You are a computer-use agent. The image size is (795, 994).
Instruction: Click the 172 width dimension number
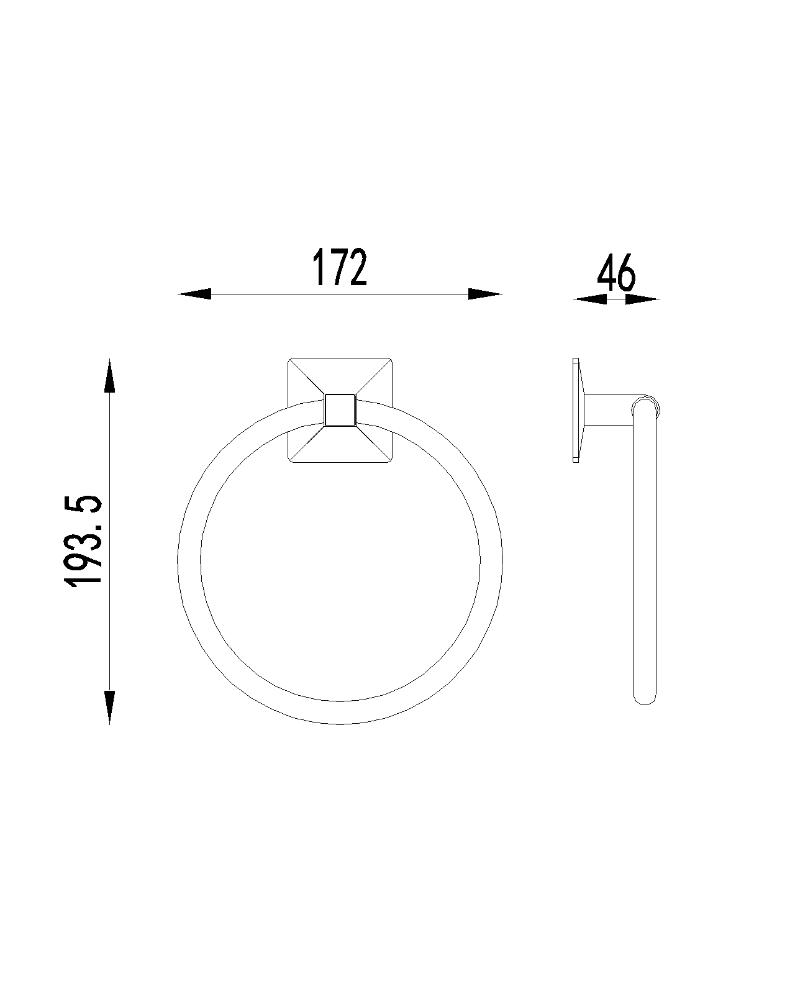click(x=340, y=267)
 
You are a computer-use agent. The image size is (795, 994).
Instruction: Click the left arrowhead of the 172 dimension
click(x=194, y=294)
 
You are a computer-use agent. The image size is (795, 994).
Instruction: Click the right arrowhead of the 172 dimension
click(x=485, y=294)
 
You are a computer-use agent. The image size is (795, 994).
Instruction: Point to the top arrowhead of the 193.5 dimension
click(x=109, y=375)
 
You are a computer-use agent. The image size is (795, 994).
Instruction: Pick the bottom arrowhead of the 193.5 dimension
click(x=109, y=707)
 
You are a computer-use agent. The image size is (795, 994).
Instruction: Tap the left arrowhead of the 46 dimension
click(x=590, y=299)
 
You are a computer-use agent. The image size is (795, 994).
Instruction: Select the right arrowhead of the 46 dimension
click(x=642, y=299)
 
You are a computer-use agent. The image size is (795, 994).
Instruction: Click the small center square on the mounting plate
click(x=340, y=409)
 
